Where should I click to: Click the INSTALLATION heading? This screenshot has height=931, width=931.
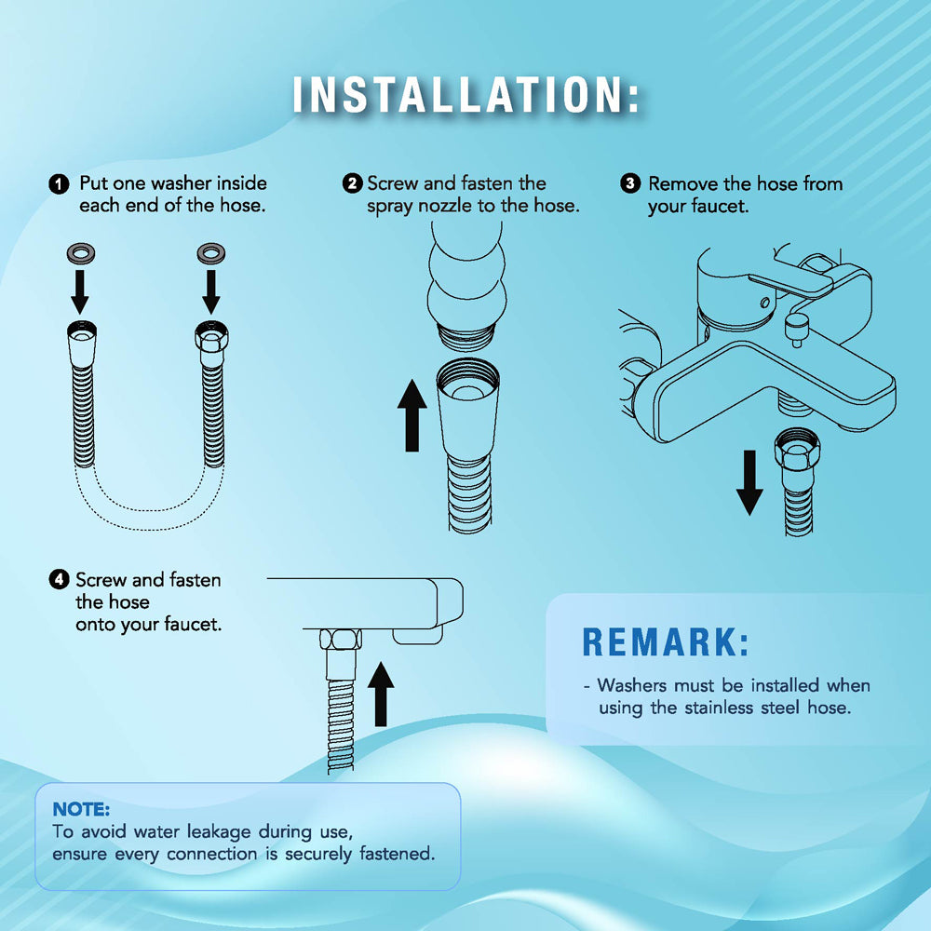pos(466,94)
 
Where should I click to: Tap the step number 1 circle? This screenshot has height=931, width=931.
pos(59,184)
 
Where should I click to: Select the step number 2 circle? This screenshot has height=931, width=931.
pos(352,183)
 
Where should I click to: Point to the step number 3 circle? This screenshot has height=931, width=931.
pos(630,183)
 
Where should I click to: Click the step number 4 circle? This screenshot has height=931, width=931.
pos(59,579)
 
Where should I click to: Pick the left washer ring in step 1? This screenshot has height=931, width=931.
pos(81,253)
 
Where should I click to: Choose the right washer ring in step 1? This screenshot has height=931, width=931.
pos(210,253)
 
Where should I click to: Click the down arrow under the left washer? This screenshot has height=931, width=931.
pos(80,292)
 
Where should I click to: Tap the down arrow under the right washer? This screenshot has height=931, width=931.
pos(210,292)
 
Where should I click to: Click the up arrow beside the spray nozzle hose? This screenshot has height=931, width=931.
pos(412,415)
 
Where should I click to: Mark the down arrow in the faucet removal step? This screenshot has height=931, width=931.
pos(749,482)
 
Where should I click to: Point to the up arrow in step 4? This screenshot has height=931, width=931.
pos(381,695)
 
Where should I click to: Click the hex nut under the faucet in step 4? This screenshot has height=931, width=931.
pos(341,640)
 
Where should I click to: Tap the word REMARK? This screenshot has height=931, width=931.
pos(666,642)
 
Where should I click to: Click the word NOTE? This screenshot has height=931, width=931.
pos(81,809)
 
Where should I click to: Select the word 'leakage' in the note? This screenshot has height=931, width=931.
pos(219,832)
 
